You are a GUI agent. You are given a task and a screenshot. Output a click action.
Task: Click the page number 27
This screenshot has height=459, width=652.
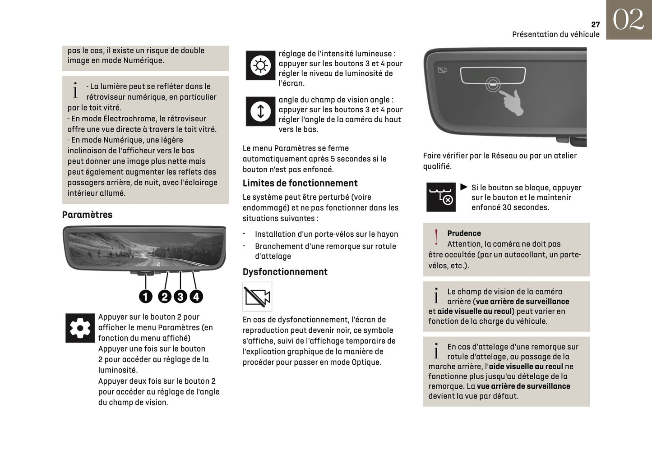(595, 25)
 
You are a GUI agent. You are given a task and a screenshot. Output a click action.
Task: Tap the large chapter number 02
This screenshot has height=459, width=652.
(628, 20)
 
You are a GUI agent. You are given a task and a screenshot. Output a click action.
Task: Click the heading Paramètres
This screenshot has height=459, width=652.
(87, 215)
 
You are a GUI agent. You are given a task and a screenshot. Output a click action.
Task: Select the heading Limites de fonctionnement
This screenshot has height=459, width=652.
(300, 183)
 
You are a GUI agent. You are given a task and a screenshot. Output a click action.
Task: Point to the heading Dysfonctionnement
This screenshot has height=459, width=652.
(285, 272)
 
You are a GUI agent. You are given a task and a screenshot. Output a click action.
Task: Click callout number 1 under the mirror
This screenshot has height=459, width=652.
(145, 296)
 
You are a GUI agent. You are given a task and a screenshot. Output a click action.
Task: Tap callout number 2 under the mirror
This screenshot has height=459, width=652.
(165, 296)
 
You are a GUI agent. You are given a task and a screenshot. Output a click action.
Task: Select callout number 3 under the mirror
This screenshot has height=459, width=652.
(180, 296)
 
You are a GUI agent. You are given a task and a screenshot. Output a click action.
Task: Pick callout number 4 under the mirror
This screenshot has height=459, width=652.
(196, 296)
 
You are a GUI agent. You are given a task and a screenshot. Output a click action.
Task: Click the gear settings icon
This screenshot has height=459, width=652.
(80, 328)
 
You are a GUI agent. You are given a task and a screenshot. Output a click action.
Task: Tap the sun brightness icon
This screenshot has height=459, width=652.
(260, 66)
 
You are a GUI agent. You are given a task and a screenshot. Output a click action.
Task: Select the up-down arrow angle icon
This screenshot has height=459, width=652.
(260, 111)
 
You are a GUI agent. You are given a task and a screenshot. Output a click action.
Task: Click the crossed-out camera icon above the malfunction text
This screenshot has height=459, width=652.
(257, 297)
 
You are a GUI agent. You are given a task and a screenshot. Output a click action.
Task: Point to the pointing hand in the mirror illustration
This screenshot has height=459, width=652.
(512, 102)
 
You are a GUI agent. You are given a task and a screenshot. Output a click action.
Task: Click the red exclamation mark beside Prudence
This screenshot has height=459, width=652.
(436, 237)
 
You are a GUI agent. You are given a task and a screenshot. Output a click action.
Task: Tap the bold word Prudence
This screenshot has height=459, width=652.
(464, 233)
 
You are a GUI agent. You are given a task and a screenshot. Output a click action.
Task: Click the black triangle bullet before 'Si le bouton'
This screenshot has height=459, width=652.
(464, 187)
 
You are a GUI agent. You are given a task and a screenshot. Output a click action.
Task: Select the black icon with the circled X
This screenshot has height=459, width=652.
(441, 197)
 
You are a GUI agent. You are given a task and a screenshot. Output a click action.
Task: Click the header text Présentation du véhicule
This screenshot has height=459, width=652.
(555, 35)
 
